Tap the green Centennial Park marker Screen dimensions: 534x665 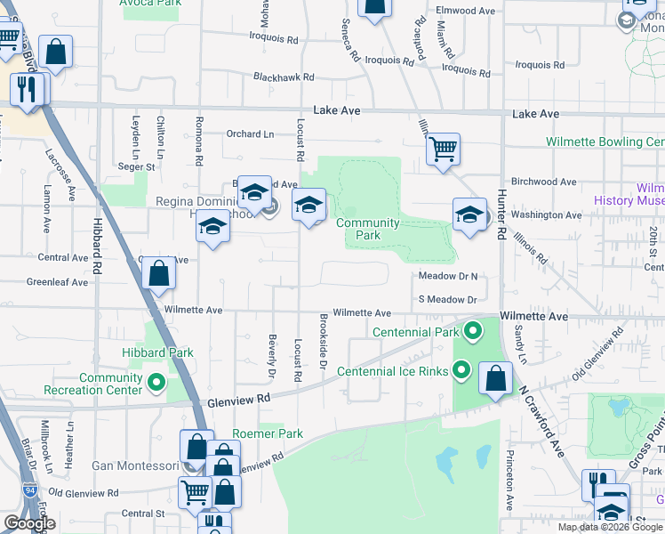point(473,332)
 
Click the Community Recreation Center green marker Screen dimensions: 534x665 point(156,384)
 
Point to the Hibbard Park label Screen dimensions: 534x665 point(157,352)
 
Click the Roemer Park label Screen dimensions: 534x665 point(268,433)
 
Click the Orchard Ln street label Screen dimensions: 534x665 point(250,134)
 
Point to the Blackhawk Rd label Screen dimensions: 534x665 point(284,77)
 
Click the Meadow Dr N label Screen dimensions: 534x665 point(448,277)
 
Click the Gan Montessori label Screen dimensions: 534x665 point(136,465)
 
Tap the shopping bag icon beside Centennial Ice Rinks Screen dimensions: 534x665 point(495,377)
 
